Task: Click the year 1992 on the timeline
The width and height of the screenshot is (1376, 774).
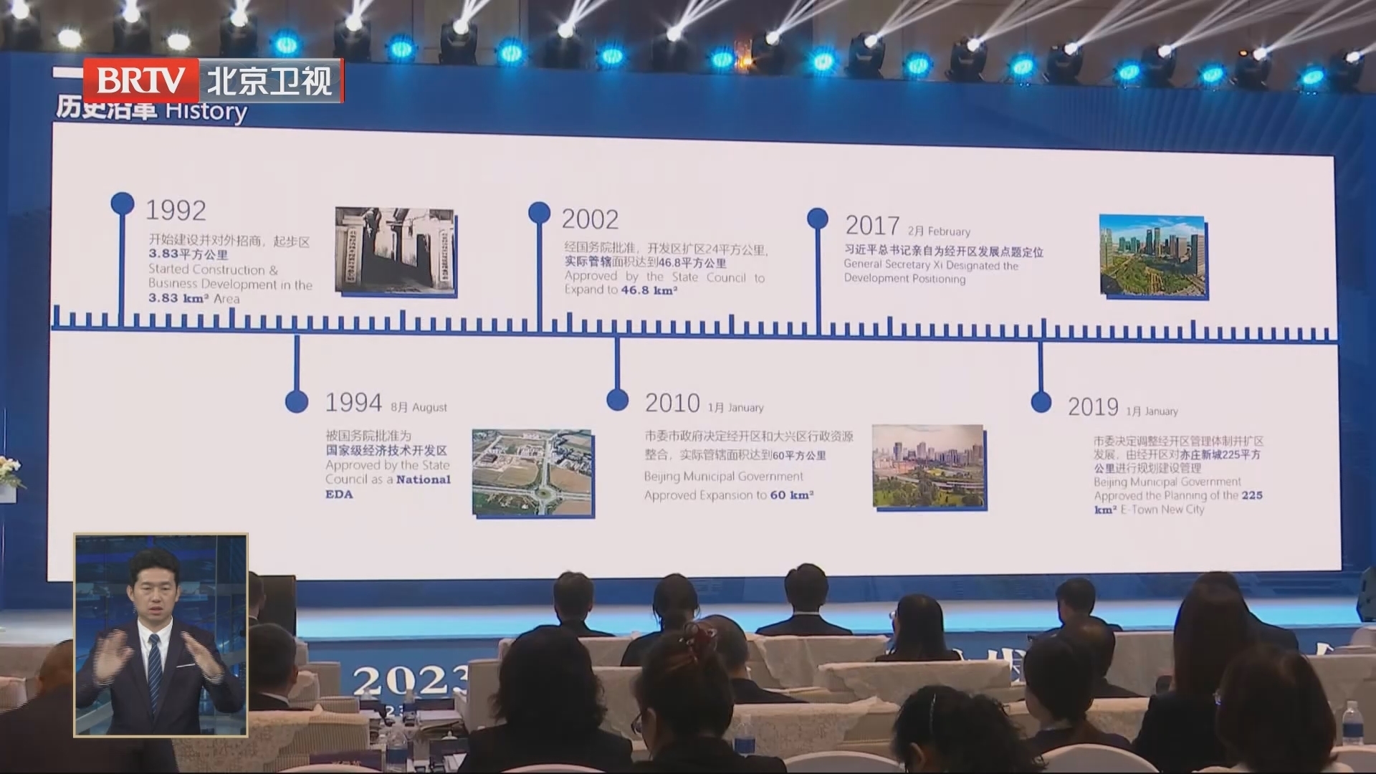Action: (176, 210)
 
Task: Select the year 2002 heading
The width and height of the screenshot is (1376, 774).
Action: (590, 219)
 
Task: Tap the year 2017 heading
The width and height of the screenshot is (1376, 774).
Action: (872, 226)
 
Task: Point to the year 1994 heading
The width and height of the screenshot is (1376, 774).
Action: (353, 403)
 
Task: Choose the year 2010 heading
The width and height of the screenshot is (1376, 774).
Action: (672, 403)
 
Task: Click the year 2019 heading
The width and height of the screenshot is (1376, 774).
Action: (1093, 407)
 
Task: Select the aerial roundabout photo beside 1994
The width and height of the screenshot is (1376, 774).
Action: (532, 472)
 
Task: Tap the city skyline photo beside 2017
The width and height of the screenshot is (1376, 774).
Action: (1152, 255)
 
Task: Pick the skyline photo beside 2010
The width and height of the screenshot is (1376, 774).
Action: (929, 467)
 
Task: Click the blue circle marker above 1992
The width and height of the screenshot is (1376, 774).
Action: (123, 203)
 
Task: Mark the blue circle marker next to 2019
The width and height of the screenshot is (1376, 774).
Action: (1041, 402)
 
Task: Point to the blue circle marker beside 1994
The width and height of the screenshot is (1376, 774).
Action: (297, 401)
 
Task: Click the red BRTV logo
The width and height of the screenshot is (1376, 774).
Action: (141, 80)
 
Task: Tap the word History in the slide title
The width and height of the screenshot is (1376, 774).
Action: (206, 112)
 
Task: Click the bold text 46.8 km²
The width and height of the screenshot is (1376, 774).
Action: (649, 290)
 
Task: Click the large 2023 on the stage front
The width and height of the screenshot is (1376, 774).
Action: (408, 681)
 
